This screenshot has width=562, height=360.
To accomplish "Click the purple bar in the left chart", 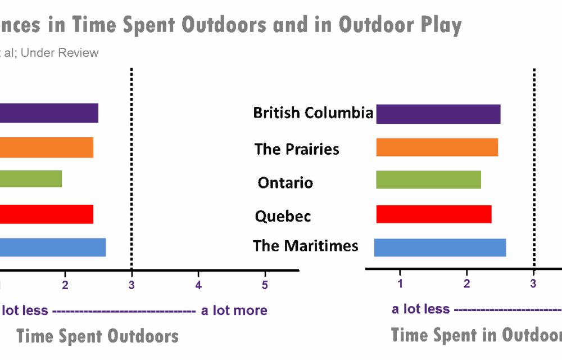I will coord(49,113).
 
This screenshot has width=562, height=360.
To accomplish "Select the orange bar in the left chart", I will coord(47,147).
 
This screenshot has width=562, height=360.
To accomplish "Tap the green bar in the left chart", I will coord(31,179).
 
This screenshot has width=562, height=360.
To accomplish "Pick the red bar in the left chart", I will coord(47,214).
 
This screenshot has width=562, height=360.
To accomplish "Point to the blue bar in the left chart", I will coord(53,247).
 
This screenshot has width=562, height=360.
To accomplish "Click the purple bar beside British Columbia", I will coord(438,114).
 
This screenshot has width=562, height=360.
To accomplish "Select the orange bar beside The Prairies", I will coord(437,147).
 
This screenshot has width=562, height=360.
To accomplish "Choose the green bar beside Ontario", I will coord(428,179).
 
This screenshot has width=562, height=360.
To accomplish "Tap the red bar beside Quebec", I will coord(433,214).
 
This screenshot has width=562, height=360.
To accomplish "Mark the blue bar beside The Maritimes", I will coord(440,247).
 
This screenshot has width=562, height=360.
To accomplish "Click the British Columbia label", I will coord(312,113).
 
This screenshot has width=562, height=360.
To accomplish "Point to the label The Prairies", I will coord(297,149).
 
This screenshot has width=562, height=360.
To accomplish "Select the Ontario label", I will coord(285,183).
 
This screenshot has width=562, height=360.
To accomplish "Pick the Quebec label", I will coord(283,216).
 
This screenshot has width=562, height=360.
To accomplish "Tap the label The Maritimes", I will coord(305,246).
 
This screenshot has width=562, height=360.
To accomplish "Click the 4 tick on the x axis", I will coord(198,285).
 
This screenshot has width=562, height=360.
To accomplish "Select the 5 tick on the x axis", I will coord(265,285).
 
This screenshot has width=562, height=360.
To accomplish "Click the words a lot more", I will coord(234,310).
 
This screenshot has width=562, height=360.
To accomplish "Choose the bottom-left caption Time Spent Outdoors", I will coord(97,336).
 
